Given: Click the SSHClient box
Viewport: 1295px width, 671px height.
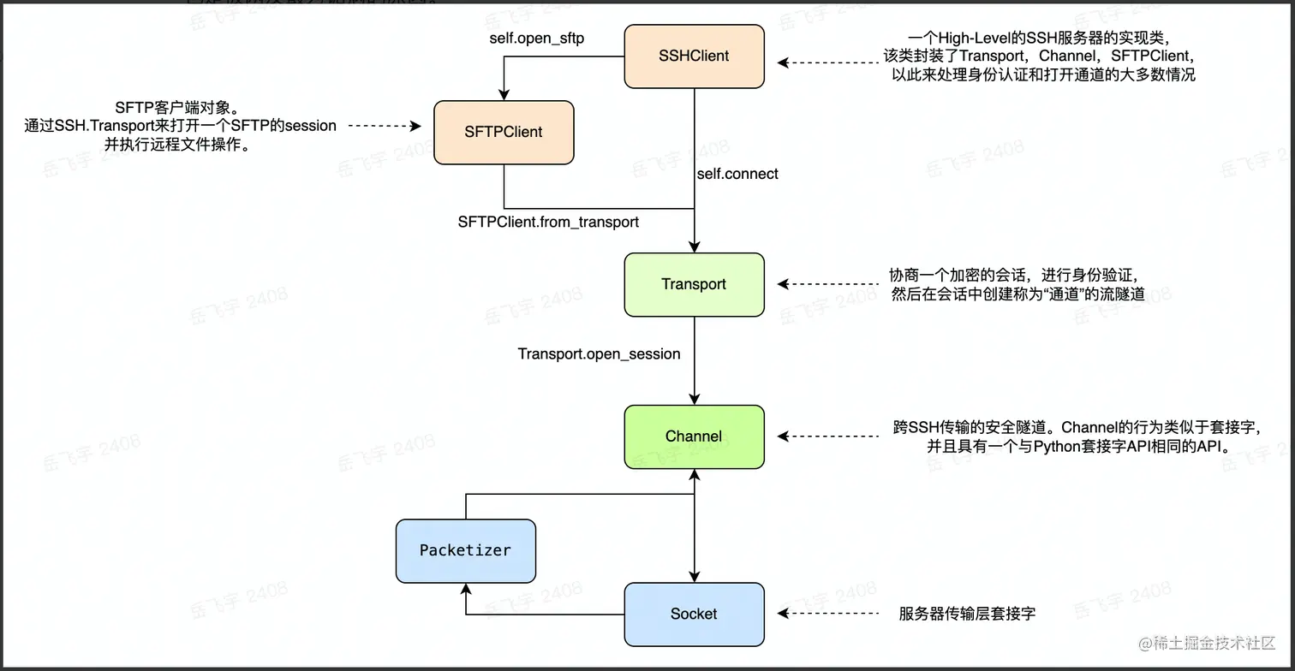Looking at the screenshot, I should click(694, 56).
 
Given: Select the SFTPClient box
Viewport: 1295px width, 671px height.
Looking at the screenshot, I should click(504, 132).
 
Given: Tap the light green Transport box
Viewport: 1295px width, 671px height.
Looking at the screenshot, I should click(694, 284).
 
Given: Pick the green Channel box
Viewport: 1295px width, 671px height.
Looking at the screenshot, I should click(694, 436).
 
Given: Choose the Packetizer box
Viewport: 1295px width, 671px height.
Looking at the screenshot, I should click(465, 550).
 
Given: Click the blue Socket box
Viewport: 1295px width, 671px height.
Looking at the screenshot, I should click(694, 614).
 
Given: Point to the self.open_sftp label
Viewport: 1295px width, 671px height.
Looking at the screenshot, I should click(531, 39).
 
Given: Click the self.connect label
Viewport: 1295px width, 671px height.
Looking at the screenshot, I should click(737, 174).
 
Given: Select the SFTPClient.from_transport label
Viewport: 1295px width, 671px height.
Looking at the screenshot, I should click(548, 222).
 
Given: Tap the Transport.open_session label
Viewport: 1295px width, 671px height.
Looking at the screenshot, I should click(599, 353).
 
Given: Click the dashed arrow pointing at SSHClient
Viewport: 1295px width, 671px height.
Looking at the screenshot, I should click(827, 62).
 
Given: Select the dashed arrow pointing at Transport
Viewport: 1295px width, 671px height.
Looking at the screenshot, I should click(827, 284).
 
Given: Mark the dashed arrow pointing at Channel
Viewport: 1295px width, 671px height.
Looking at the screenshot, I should click(827, 436).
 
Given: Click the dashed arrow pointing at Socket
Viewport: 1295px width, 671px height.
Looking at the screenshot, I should click(827, 614).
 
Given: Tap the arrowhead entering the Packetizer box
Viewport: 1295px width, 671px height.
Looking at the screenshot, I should click(465, 590).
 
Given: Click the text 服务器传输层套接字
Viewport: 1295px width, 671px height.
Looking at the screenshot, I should click(967, 614).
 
